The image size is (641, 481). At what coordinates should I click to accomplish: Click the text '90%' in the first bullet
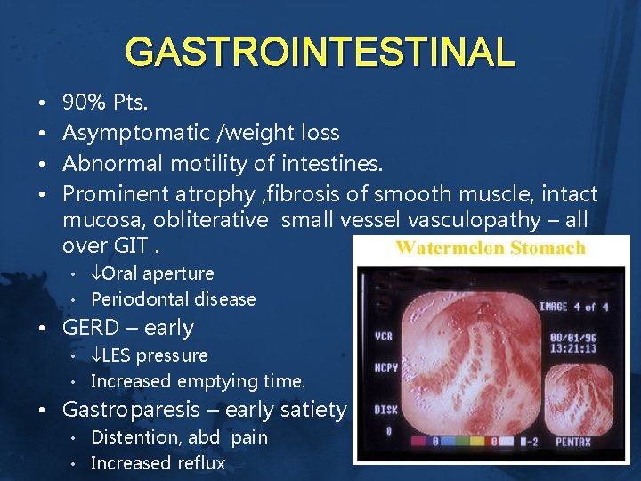(x=83, y=102)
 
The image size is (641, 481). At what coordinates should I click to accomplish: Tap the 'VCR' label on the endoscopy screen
(x=385, y=337)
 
